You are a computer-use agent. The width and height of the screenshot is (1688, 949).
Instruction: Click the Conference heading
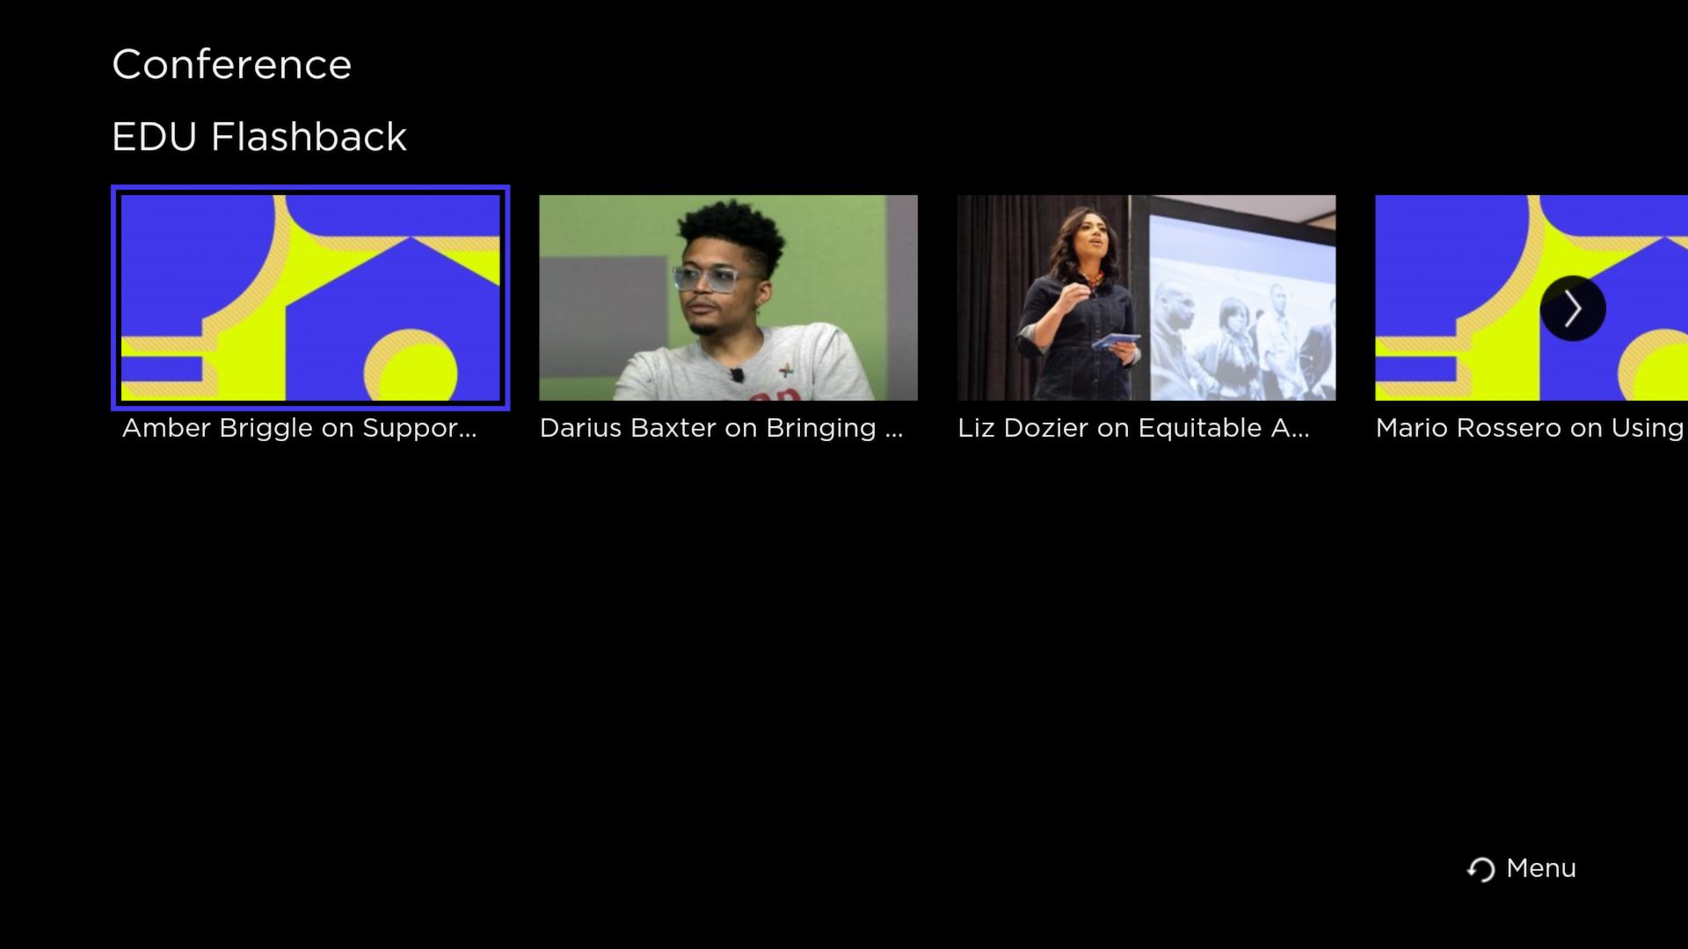[x=232, y=65]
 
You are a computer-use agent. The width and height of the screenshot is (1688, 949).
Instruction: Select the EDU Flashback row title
[x=259, y=137]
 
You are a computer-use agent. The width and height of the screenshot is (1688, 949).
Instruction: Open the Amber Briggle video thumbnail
[x=310, y=298]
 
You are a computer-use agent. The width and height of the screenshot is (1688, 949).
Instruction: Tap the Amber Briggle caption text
[x=299, y=429]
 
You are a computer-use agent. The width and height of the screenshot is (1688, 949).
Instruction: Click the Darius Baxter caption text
[x=721, y=429]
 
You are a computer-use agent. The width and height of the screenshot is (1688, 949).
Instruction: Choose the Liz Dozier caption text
[x=1133, y=429]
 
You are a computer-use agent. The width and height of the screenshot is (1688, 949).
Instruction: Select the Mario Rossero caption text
[x=1530, y=429]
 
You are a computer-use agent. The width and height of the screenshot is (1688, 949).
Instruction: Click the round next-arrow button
[x=1573, y=308]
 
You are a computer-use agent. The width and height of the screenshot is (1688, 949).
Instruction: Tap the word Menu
[x=1541, y=868]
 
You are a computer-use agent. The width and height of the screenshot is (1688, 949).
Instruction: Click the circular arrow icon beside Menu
[x=1481, y=870]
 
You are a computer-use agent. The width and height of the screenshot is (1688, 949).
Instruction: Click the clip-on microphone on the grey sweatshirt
[x=737, y=375]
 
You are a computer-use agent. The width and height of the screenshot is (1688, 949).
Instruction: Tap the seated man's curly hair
[x=730, y=233]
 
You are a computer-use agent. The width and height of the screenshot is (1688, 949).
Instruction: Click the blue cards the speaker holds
[x=1116, y=341]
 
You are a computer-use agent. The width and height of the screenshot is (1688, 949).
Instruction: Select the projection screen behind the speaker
[x=1233, y=298]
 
